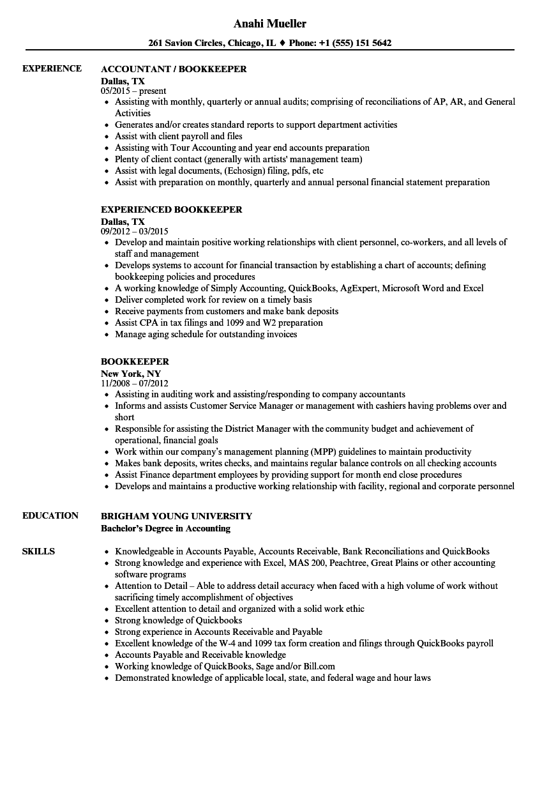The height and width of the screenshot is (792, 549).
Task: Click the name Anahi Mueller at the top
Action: pyautogui.click(x=269, y=24)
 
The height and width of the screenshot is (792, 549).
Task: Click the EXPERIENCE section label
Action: pyautogui.click(x=52, y=68)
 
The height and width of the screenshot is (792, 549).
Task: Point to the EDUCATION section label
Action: pyautogui.click(x=50, y=515)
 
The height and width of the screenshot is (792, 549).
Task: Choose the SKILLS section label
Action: pyautogui.click(x=38, y=551)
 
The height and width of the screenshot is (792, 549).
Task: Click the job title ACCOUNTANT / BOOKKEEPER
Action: pyautogui.click(x=174, y=69)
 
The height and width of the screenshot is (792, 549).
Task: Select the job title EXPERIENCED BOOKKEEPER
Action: pyautogui.click(x=172, y=209)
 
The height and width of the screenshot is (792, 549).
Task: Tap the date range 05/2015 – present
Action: pyautogui.click(x=133, y=91)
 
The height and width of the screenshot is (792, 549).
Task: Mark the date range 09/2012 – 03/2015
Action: pyautogui.click(x=135, y=231)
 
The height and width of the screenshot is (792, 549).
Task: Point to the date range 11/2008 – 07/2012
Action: pyautogui.click(x=135, y=383)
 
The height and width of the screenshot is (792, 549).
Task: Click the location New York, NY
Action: pyautogui.click(x=131, y=373)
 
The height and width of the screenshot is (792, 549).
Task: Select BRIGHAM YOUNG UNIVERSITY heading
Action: pyautogui.click(x=176, y=516)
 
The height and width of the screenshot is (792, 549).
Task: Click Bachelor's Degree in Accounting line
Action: pyautogui.click(x=165, y=528)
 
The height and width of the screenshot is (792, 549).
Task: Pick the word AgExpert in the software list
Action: pyautogui.click(x=358, y=288)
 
